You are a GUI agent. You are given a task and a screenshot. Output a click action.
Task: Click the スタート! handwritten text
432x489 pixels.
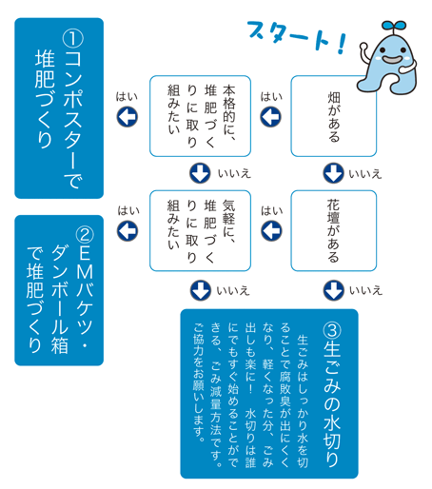tap(297, 36)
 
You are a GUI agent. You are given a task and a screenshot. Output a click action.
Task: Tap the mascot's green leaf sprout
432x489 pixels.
tap(394, 26)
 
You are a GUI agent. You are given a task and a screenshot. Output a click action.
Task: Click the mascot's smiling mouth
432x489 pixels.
tap(393, 59)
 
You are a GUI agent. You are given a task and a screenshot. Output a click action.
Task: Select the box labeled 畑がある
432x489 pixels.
tap(334, 116)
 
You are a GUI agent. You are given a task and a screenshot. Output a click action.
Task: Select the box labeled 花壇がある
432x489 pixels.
tap(334, 230)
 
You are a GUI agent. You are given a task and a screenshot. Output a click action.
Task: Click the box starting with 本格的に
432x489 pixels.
tap(200, 116)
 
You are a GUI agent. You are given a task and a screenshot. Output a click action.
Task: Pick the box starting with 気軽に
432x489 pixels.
tap(200, 230)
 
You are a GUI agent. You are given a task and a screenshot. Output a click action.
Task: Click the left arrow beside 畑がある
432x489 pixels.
tap(270, 116)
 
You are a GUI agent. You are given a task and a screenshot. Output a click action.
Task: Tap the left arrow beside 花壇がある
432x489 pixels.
tap(271, 230)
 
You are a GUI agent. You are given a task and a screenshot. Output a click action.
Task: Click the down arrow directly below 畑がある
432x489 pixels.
tap(333, 173)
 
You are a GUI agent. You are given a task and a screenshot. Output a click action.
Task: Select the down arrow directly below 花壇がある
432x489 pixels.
tap(334, 290)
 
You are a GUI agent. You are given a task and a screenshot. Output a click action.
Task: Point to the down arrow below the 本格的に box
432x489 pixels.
tap(200, 173)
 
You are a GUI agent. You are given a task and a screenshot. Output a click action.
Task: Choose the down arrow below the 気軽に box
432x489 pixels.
tap(201, 290)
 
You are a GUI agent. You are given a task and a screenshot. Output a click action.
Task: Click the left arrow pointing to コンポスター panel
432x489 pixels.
tap(128, 116)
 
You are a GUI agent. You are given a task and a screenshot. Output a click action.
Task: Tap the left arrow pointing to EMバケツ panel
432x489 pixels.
tap(128, 230)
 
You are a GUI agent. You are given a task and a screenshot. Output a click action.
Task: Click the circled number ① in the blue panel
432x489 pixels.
tap(73, 39)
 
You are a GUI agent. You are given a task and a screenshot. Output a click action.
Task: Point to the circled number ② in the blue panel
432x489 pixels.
tap(85, 235)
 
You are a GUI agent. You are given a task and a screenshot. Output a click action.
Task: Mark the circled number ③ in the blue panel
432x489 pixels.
tap(332, 331)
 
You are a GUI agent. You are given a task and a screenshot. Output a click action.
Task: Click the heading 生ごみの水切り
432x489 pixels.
tap(332, 403)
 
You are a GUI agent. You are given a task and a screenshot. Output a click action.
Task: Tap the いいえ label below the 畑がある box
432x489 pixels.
tap(365, 174)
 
